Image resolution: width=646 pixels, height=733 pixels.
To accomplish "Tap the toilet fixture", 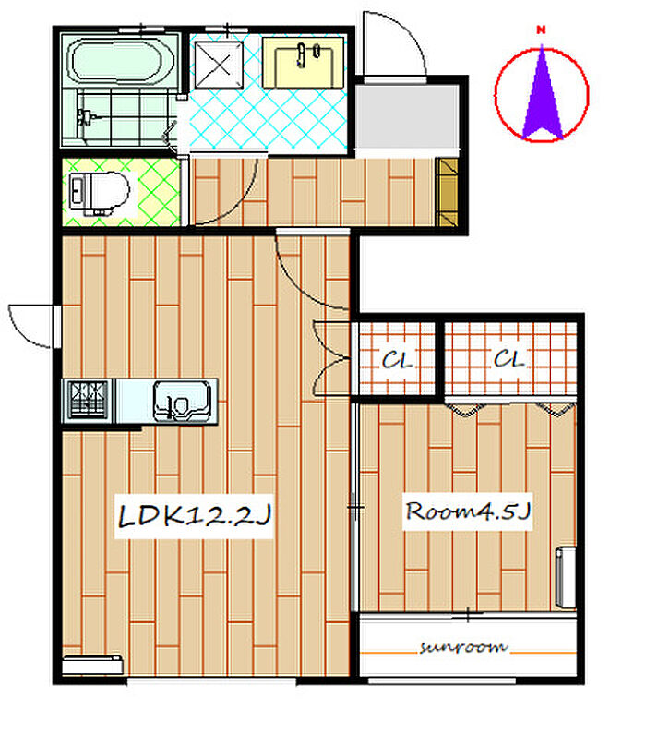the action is [98, 193].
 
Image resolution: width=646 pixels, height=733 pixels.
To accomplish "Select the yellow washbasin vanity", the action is [304, 63].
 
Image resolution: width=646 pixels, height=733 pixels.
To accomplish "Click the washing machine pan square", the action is [219, 65].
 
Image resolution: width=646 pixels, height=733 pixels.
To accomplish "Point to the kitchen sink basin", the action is [182, 402].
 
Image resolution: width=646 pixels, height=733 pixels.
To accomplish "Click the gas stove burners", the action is [88, 399].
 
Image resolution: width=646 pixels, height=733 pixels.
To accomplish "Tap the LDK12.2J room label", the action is [194, 516].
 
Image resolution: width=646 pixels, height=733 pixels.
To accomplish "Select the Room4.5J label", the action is [468, 511].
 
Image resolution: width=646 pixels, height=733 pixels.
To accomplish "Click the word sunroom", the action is [463, 647].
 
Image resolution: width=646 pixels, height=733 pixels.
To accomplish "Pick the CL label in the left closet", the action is [397, 360].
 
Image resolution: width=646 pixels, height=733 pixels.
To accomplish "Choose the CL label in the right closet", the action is [509, 359].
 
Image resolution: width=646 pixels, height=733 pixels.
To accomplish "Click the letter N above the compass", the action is [542, 30].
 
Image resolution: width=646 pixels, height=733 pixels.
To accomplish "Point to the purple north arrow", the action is [543, 92].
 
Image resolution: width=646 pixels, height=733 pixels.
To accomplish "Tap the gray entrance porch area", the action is [407, 116].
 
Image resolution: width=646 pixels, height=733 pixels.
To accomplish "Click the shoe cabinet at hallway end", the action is [447, 193].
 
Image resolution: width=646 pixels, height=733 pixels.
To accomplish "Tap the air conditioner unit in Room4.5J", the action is [566, 578].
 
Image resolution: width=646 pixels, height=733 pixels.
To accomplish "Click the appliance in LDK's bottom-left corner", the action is [92, 665].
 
